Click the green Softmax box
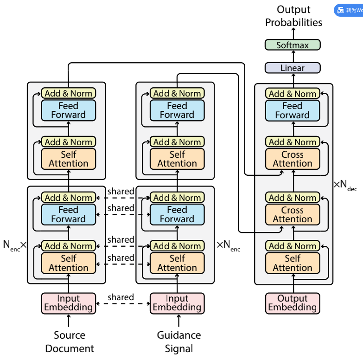[x=293, y=45]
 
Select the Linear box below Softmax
[x=293, y=68]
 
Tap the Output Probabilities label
[x=293, y=16]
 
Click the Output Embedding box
[x=293, y=303]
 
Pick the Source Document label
[x=70, y=342]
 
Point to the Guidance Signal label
[x=178, y=342]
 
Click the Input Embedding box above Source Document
[x=69, y=303]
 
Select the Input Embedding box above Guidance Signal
[x=177, y=303]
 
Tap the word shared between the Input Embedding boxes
[x=121, y=297]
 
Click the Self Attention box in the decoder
[x=293, y=263]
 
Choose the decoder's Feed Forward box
[x=293, y=110]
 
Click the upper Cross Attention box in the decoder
[x=293, y=159]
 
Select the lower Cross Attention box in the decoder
[x=293, y=214]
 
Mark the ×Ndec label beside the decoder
[x=345, y=185]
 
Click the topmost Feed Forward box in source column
[x=69, y=110]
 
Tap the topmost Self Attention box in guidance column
[x=177, y=159]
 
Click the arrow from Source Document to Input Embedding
[x=69, y=321]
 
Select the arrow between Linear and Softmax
[x=293, y=57]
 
